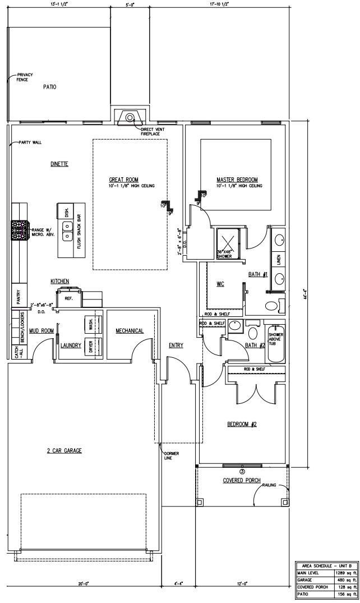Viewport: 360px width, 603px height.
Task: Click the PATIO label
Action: (50, 87)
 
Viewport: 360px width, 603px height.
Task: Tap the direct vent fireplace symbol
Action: (130, 118)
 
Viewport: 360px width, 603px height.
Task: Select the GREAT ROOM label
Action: (123, 179)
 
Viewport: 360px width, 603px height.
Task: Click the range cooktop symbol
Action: (20, 229)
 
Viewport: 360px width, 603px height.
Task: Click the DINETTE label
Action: (59, 164)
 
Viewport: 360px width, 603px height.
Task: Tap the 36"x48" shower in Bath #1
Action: (228, 242)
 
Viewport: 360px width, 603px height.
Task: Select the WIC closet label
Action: (220, 284)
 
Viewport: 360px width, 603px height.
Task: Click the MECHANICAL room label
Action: (130, 331)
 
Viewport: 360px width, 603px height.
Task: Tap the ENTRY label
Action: (176, 345)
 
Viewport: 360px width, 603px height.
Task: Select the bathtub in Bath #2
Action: (276, 343)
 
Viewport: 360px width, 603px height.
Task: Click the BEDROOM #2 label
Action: (242, 424)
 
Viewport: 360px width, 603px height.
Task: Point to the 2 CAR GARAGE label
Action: (64, 450)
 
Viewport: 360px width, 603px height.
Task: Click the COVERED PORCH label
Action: (242, 481)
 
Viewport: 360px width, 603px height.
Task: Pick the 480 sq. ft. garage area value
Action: (343, 580)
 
